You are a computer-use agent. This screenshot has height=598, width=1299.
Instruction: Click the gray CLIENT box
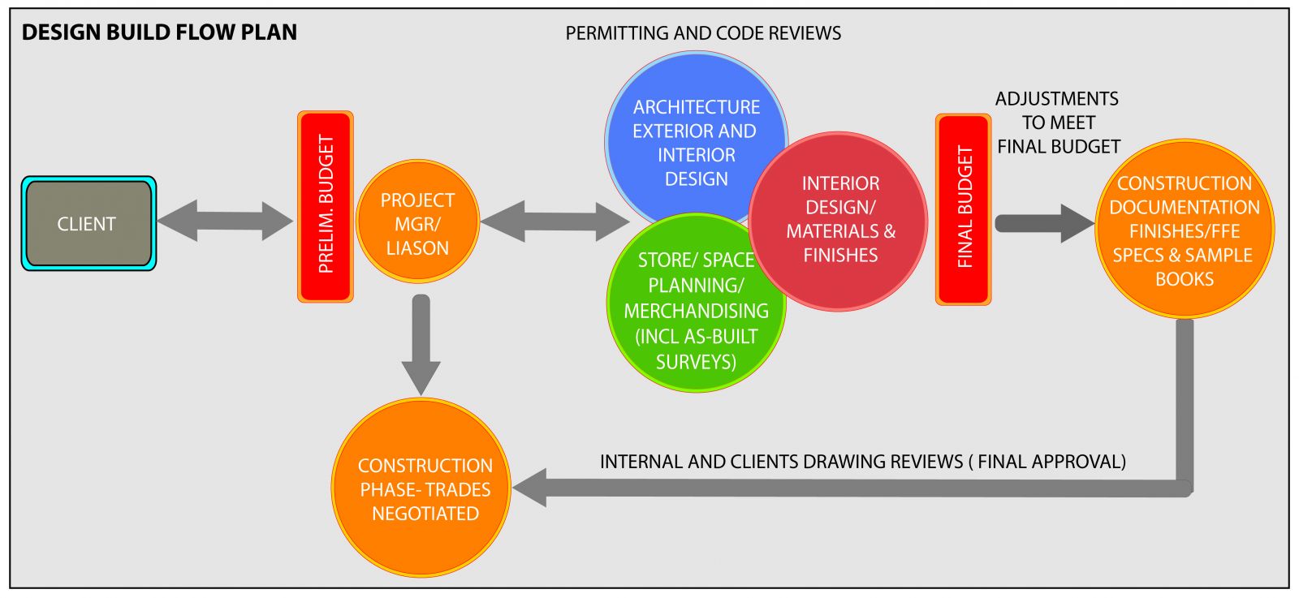(88, 223)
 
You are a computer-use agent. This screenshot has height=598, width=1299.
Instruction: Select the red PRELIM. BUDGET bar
(326, 206)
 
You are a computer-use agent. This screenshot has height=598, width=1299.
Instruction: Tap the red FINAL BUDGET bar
(964, 209)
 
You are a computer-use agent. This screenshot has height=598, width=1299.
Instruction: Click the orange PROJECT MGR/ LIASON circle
(417, 223)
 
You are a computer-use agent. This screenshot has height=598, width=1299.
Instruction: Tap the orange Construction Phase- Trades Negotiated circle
(423, 488)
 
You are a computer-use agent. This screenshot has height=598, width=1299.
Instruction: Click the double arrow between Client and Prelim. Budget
(225, 221)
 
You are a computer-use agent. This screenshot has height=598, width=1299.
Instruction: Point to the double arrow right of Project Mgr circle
(555, 222)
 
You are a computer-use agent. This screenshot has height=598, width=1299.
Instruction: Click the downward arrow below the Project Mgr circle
(421, 345)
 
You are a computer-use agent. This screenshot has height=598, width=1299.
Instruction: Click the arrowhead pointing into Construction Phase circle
(530, 488)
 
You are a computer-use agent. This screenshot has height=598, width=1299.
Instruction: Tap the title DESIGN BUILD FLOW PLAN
(159, 32)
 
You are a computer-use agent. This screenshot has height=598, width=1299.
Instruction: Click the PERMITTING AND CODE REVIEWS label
(703, 33)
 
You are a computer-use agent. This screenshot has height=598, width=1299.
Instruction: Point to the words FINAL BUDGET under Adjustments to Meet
(1059, 147)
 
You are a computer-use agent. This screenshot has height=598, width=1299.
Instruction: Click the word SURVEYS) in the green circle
(696, 362)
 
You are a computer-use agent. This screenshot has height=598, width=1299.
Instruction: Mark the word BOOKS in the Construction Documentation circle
(1185, 279)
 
